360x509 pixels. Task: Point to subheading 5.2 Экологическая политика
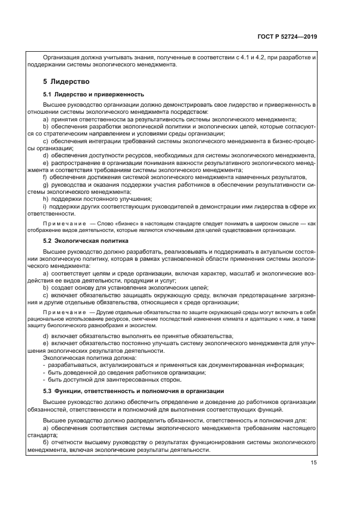coord(86,240)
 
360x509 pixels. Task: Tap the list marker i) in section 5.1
coord(45,207)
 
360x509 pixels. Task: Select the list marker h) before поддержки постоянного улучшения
coord(45,199)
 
